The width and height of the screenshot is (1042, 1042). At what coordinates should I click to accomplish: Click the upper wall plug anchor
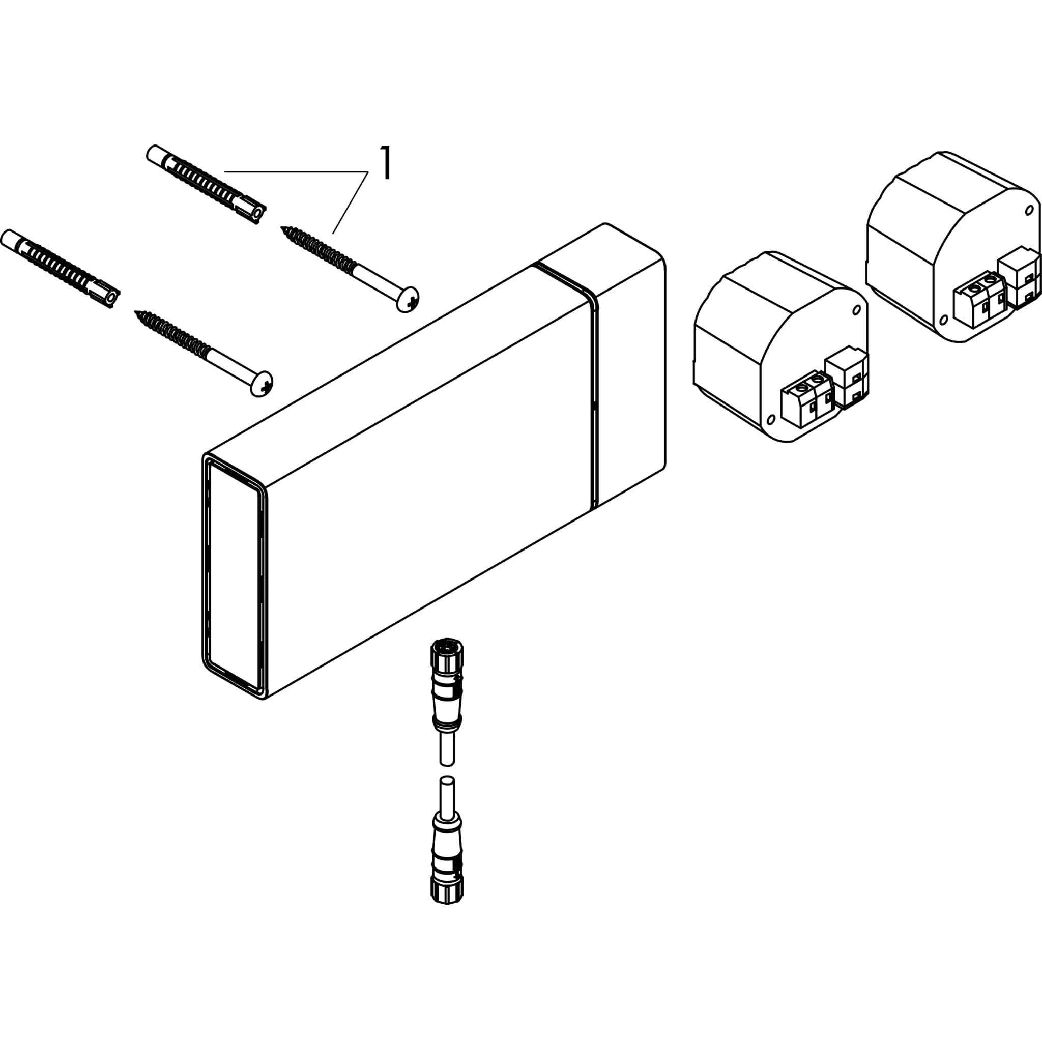(206, 183)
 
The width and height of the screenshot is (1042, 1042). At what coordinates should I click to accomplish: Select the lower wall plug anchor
(60, 269)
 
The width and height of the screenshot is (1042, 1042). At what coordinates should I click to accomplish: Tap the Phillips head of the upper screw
(408, 299)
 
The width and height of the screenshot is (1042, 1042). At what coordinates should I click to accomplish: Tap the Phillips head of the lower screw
(262, 384)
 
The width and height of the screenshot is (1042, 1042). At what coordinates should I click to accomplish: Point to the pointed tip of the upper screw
(282, 227)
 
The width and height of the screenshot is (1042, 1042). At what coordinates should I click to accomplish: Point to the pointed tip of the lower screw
(136, 312)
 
